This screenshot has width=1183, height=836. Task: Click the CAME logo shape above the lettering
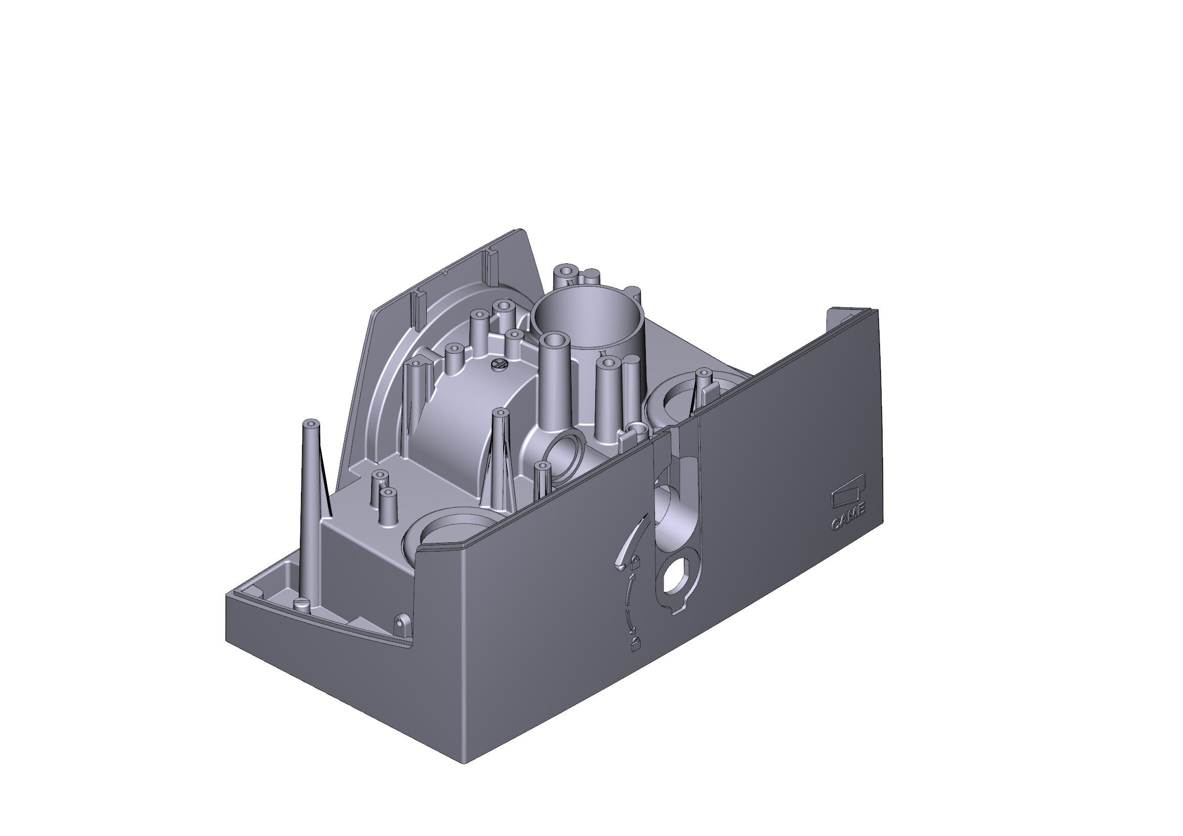tap(848, 496)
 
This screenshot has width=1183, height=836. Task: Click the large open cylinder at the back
tap(587, 316)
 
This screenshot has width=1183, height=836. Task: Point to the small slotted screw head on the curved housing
tap(499, 364)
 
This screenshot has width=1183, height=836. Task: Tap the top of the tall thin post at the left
tap(313, 424)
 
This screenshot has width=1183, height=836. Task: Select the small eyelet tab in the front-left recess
tap(402, 623)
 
